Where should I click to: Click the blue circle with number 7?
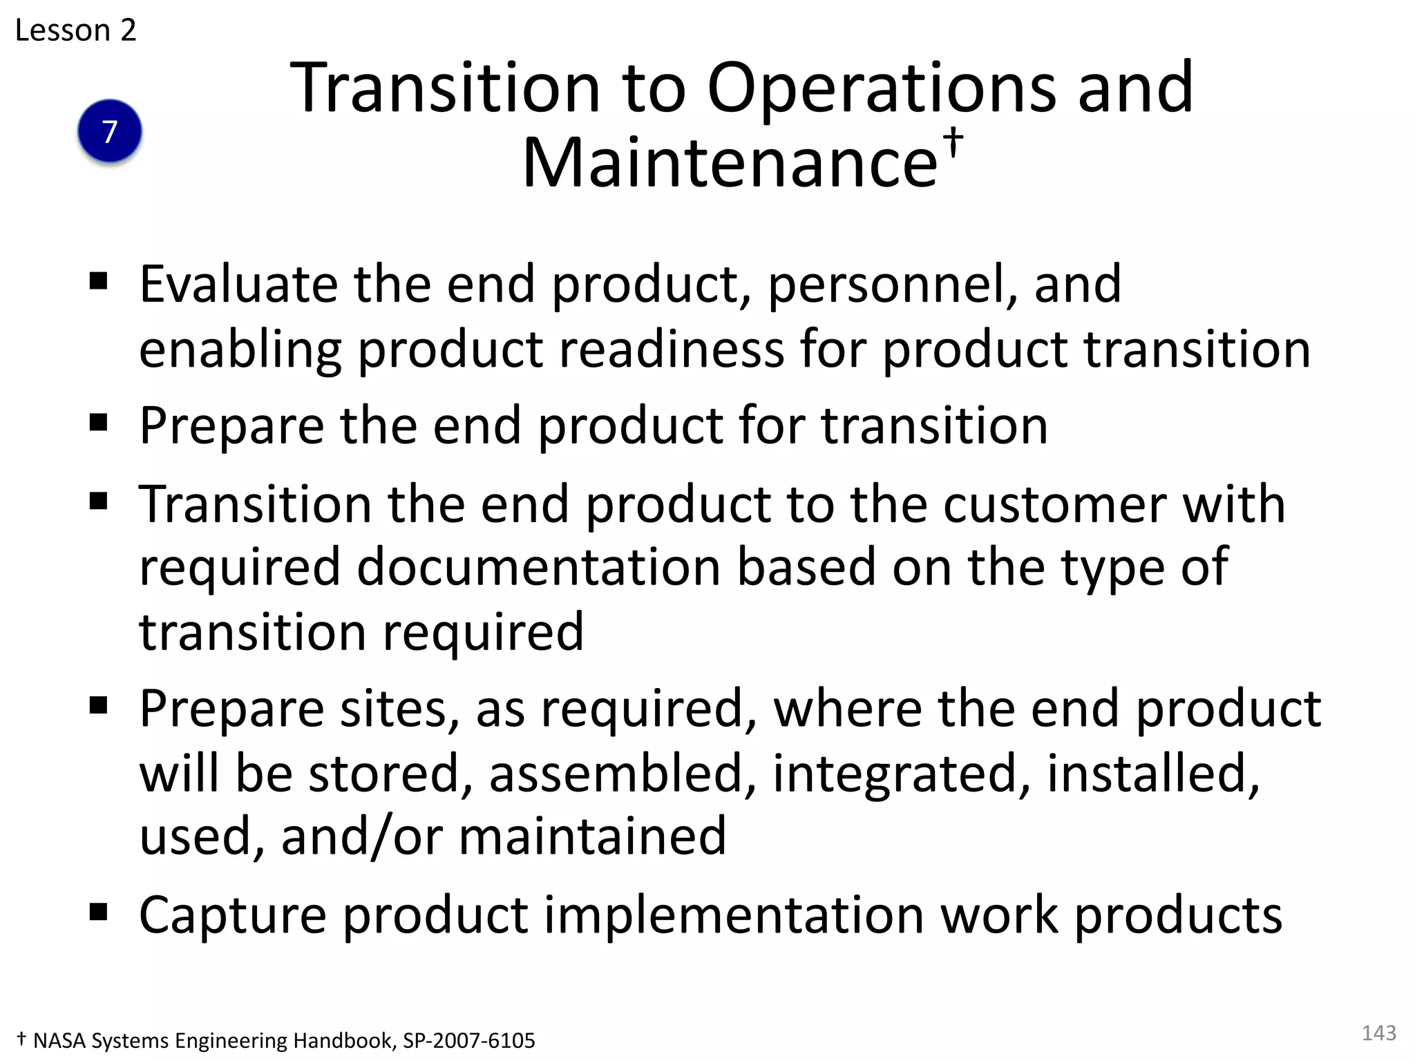[110, 131]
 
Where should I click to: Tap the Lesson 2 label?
[76, 30]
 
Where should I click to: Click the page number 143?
[1378, 1033]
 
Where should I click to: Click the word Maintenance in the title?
[730, 163]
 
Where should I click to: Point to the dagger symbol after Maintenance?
[953, 141]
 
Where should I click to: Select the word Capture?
[232, 915]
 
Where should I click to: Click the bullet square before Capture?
[99, 912]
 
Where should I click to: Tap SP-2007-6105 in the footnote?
[469, 1040]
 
